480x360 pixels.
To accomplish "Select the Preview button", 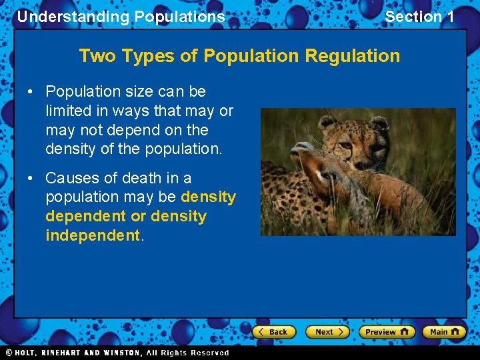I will click(386, 332).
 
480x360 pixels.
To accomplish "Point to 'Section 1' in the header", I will click(419, 17).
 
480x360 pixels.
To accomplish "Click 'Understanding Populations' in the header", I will click(121, 17).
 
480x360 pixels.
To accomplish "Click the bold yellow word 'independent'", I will click(93, 236).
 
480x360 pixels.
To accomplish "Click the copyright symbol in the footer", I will click(9, 353).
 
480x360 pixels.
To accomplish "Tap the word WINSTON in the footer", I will click(121, 353).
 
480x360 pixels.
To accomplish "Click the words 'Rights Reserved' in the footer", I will click(199, 353).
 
